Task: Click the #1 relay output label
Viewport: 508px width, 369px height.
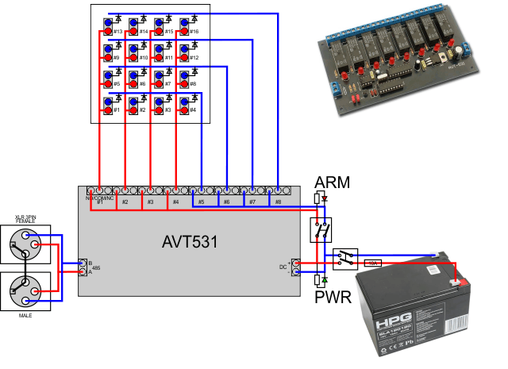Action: pyautogui.click(x=100, y=202)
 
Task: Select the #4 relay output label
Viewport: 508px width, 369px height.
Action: pyautogui.click(x=175, y=202)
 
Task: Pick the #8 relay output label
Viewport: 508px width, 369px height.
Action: pyautogui.click(x=278, y=202)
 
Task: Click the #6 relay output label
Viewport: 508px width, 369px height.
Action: pyautogui.click(x=226, y=202)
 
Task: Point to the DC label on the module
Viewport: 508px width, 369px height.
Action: pyautogui.click(x=283, y=267)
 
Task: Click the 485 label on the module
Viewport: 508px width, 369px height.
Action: pyautogui.click(x=94, y=267)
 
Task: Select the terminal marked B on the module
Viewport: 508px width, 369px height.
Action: pyautogui.click(x=83, y=263)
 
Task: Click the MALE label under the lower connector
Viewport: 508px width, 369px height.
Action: pyautogui.click(x=24, y=315)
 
